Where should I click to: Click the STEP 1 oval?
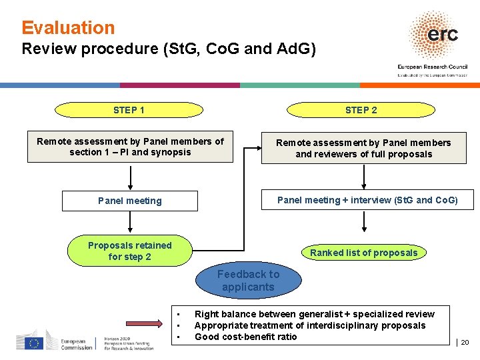click(x=129, y=110)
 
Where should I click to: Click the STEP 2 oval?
click(x=361, y=110)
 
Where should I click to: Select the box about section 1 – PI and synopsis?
click(x=130, y=147)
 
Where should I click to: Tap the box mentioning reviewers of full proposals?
click(x=363, y=148)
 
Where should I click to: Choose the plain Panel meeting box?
click(x=130, y=201)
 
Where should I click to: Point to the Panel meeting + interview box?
click(x=367, y=200)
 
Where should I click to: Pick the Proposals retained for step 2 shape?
click(x=130, y=251)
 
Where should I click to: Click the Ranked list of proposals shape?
click(x=363, y=253)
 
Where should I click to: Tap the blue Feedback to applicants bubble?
click(x=248, y=281)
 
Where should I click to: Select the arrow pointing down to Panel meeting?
click(x=130, y=177)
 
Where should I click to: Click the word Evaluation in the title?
click(x=68, y=28)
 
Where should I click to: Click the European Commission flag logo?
click(x=33, y=343)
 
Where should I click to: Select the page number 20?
click(x=465, y=343)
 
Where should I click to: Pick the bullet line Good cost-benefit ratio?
click(x=245, y=337)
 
